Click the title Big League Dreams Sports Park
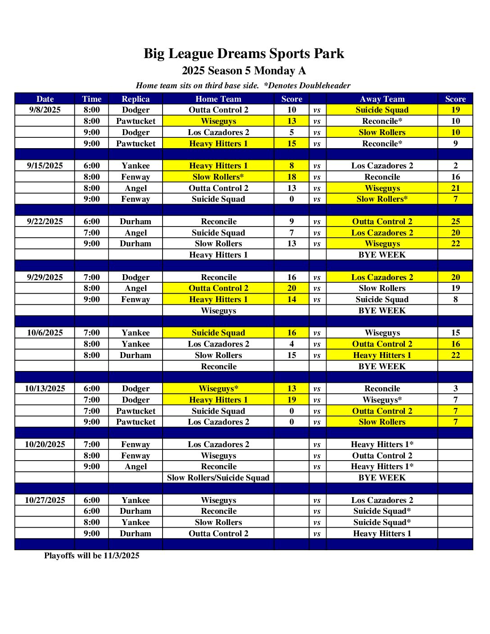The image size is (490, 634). click(244, 54)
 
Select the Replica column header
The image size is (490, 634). click(136, 99)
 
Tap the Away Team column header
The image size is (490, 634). click(382, 99)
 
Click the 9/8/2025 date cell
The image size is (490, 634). click(45, 110)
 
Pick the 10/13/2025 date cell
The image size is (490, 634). click(45, 389)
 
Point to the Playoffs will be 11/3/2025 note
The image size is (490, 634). click(91, 556)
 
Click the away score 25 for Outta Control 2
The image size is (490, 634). click(455, 222)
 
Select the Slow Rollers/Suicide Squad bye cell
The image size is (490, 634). click(218, 478)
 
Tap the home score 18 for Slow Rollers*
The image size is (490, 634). click(291, 177)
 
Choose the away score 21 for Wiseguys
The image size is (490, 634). click(455, 188)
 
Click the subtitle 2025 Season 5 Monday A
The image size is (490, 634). click(244, 71)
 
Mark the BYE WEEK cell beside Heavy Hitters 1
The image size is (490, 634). click(382, 255)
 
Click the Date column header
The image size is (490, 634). click(45, 99)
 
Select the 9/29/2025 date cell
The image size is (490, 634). click(45, 277)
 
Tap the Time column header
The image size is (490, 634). click(91, 99)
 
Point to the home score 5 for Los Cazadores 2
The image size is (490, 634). click(291, 132)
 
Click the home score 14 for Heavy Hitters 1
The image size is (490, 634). click(291, 299)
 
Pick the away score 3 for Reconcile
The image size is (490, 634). click(455, 389)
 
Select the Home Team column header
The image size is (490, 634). click(218, 99)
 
